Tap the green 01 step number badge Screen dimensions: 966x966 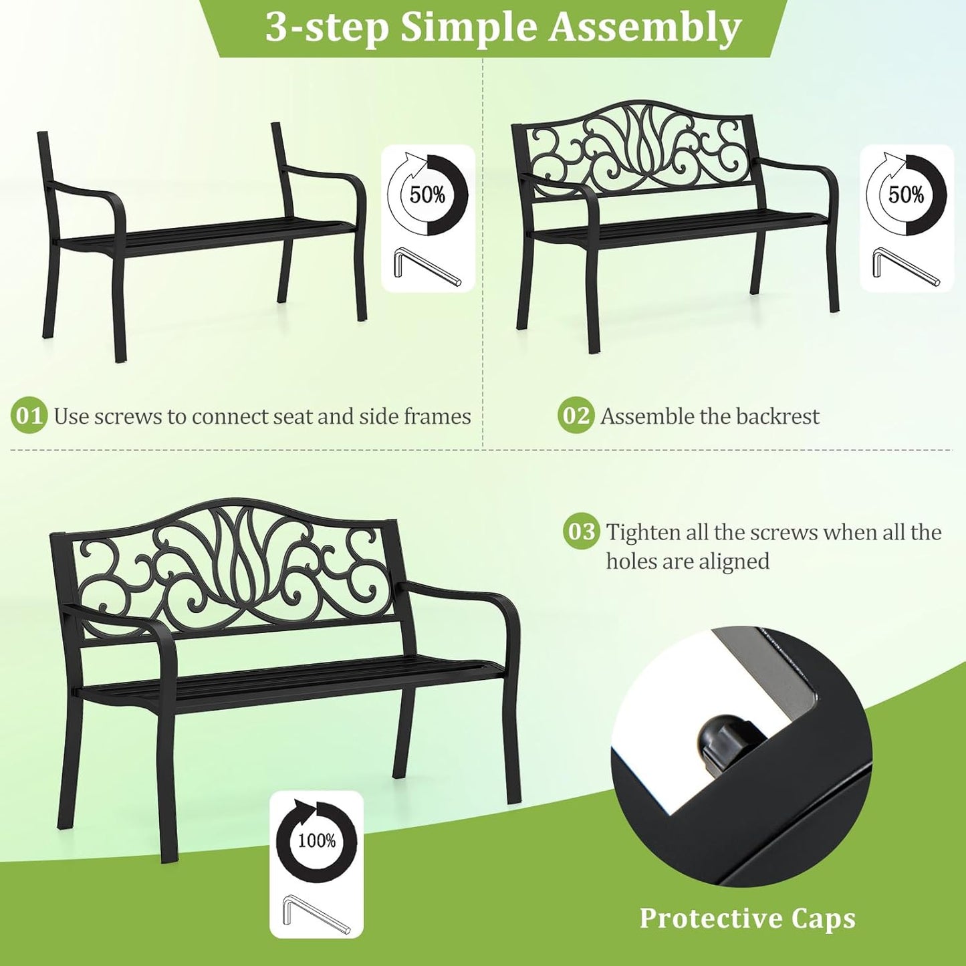click(x=29, y=416)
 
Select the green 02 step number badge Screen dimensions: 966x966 click(x=576, y=416)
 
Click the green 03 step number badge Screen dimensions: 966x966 click(x=581, y=532)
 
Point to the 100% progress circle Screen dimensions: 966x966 click(x=316, y=841)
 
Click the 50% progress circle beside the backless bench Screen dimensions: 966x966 click(x=428, y=195)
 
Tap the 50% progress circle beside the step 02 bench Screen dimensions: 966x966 click(x=907, y=195)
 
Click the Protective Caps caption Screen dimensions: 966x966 click(x=747, y=919)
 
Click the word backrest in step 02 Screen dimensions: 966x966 click(x=778, y=416)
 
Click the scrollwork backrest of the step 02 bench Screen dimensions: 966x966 click(x=638, y=150)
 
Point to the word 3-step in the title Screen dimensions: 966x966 click(x=327, y=28)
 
